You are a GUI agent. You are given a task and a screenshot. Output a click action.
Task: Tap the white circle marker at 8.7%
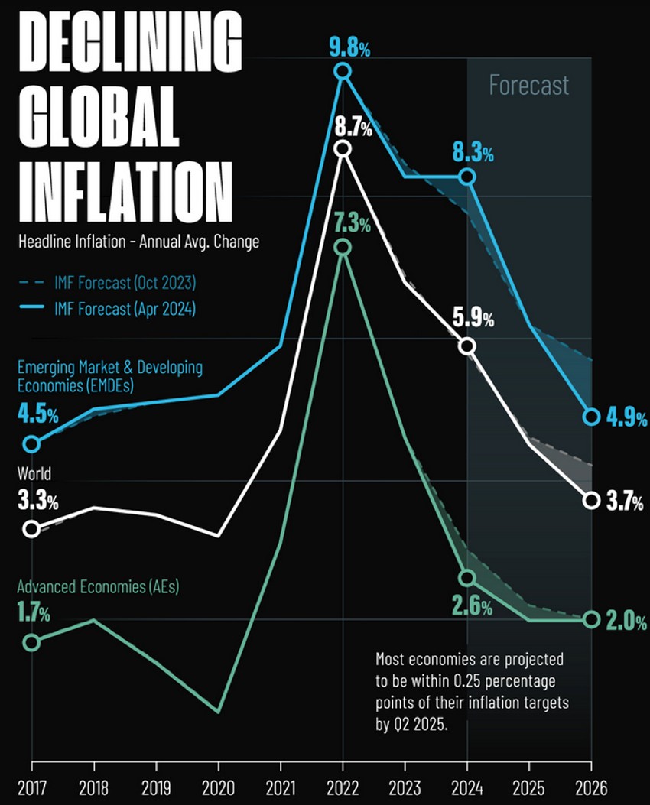tap(343, 148)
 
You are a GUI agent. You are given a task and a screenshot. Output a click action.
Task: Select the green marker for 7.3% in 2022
tap(343, 247)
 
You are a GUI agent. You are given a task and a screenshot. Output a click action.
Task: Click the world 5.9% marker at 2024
tap(467, 346)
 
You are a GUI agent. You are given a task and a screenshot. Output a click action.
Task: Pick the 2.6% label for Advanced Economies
tap(472, 607)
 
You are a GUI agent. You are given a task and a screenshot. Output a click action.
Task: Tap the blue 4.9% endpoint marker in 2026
tap(591, 417)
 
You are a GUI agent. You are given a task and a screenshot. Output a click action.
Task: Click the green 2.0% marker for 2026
tap(591, 619)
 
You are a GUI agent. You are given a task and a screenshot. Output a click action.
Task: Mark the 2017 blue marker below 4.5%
tap(31, 444)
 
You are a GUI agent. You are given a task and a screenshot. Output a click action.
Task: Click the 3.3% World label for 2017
tap(37, 502)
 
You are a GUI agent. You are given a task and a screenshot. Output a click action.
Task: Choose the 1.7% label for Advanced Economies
tap(33, 614)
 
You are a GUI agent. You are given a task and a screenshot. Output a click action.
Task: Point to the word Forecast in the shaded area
tap(528, 84)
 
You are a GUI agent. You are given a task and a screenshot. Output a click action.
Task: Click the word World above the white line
tap(34, 474)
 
